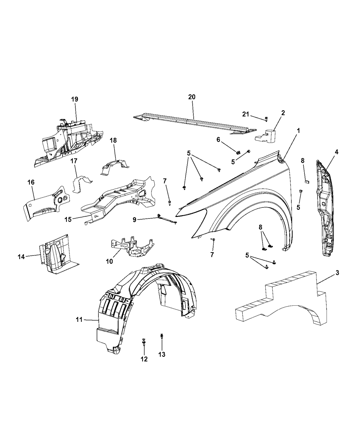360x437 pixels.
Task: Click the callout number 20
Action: pos(192,97)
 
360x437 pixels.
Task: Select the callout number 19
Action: pos(75,99)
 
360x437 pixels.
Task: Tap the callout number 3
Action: pos(337,273)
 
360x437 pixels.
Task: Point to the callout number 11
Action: pos(79,319)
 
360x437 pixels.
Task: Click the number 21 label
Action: pos(246,114)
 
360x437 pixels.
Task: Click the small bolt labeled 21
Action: pos(266,119)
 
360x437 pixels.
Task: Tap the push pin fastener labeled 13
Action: pos(161,337)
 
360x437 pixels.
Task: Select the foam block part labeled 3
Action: pos(285,302)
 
